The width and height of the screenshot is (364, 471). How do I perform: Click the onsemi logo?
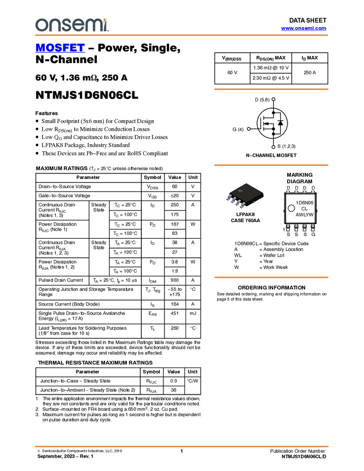(71, 25)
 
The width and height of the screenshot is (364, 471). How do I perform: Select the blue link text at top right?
(304, 28)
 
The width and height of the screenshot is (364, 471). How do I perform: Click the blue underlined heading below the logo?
(60, 48)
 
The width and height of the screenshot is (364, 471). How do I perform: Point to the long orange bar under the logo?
(181, 35)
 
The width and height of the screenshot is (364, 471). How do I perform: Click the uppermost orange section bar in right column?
(271, 89)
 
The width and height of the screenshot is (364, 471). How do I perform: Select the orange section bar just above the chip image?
(271, 165)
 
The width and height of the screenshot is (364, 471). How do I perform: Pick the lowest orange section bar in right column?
(271, 277)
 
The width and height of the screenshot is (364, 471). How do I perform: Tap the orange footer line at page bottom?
(181, 446)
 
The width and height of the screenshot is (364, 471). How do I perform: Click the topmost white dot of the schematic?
(274, 99)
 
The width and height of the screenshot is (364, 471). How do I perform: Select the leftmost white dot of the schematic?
(249, 129)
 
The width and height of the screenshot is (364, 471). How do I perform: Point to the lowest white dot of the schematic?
(274, 147)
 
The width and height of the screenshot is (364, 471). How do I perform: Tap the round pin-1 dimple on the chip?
(240, 191)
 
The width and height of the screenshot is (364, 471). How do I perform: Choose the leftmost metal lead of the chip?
(229, 198)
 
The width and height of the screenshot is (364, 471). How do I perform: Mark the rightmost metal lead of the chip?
(243, 206)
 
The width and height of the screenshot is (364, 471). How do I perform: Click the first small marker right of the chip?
(288, 192)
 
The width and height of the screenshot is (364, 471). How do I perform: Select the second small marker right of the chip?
(296, 192)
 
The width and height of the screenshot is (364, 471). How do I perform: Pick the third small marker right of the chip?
(305, 192)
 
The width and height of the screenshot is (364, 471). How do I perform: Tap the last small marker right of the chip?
(313, 192)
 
